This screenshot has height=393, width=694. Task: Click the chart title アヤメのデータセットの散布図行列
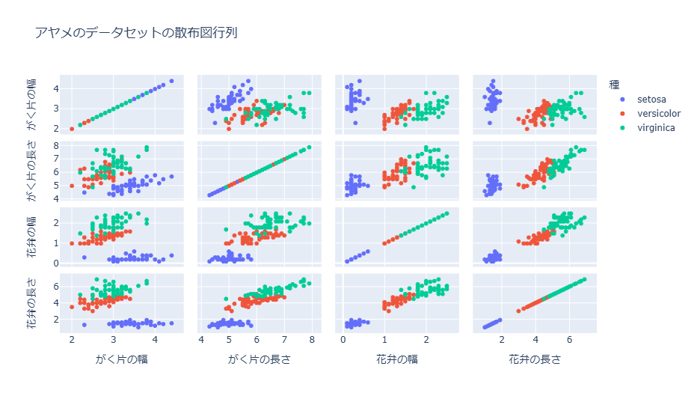pyautogui.click(x=136, y=32)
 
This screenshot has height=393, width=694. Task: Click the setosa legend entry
pyautogui.click(x=651, y=98)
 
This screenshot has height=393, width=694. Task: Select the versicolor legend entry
pyautogui.click(x=658, y=113)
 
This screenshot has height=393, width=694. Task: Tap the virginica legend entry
pyautogui.click(x=656, y=128)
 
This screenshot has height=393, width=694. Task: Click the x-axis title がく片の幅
pyautogui.click(x=121, y=359)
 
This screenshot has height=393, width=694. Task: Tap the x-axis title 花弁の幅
pyautogui.click(x=397, y=359)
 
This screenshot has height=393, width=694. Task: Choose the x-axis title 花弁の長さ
pyautogui.click(x=535, y=359)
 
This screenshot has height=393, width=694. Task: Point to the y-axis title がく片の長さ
pyautogui.click(x=31, y=171)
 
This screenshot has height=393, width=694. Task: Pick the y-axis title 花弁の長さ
pyautogui.click(x=31, y=302)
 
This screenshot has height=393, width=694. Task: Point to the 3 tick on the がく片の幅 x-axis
pyautogui.click(x=114, y=340)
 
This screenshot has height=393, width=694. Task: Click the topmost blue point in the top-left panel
pyautogui.click(x=171, y=81)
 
